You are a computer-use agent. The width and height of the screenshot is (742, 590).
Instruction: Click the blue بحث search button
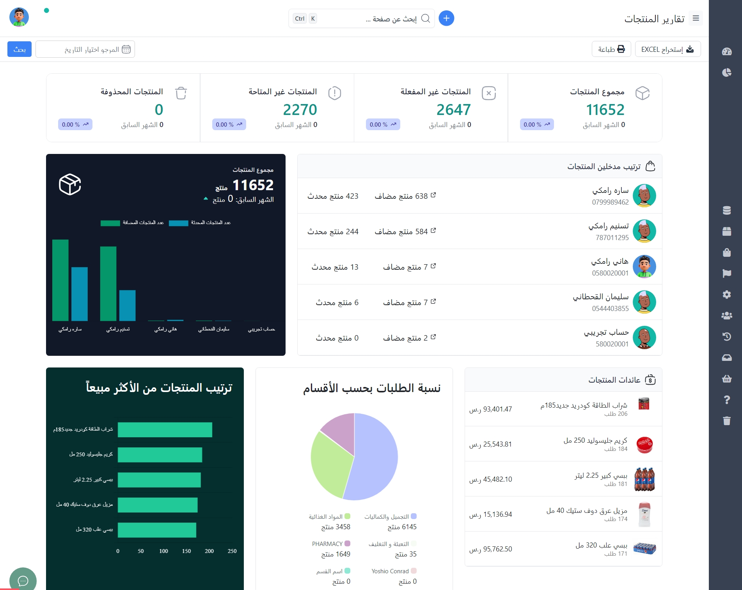(x=20, y=49)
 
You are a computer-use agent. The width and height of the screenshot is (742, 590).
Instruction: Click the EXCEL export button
(x=667, y=49)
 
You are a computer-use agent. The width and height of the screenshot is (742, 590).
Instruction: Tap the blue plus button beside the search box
(x=446, y=18)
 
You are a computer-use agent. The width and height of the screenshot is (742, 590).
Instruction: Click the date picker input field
(x=85, y=49)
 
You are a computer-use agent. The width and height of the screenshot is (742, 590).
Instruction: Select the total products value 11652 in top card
(x=605, y=110)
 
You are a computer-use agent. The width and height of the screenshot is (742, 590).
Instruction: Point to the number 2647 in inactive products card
(x=453, y=110)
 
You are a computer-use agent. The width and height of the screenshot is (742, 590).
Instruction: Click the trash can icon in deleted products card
(x=181, y=93)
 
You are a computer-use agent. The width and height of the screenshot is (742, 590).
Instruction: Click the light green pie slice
(x=330, y=464)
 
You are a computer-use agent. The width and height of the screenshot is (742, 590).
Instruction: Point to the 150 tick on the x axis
(x=186, y=551)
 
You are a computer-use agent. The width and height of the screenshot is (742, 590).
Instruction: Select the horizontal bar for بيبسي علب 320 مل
(x=157, y=530)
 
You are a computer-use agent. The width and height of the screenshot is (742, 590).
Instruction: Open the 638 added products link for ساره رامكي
(x=405, y=196)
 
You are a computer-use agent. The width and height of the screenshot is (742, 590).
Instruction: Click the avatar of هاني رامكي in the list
(x=644, y=267)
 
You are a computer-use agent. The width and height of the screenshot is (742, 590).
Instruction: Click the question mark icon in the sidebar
(x=726, y=400)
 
